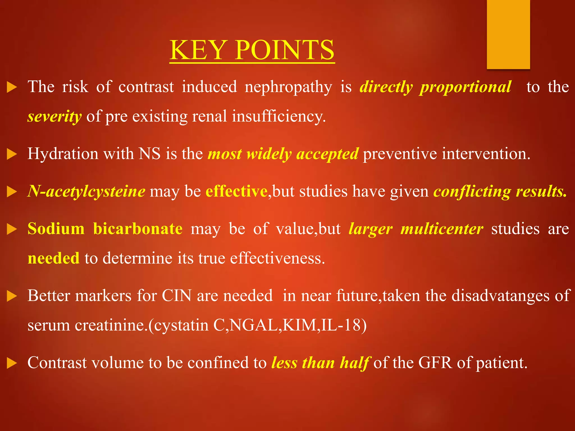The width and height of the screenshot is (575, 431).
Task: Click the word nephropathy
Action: [288, 87]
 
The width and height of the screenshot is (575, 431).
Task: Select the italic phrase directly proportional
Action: [435, 87]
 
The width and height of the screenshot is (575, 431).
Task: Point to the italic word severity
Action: [54, 116]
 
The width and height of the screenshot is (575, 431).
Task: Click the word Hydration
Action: [63, 154]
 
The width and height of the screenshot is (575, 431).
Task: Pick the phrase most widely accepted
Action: [283, 154]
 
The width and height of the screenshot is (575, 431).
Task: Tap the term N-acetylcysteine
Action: [86, 192]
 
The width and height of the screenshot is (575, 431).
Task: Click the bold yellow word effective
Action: [236, 192]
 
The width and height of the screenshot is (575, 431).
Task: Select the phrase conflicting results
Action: [500, 192]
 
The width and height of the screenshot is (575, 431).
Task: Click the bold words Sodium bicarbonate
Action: [105, 229]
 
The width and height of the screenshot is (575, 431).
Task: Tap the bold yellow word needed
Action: [54, 258]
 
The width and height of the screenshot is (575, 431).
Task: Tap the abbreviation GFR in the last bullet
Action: [435, 363]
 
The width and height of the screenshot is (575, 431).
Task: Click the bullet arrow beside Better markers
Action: [12, 296]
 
